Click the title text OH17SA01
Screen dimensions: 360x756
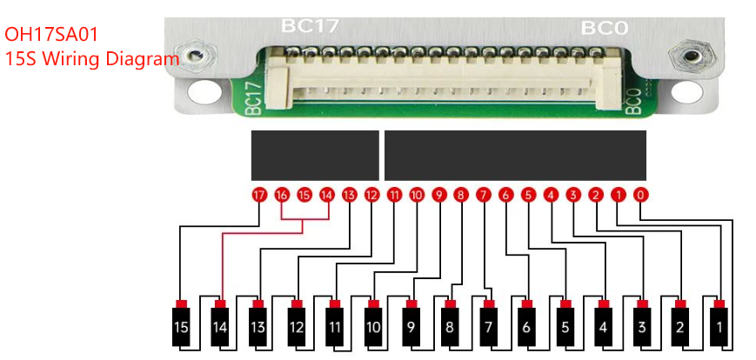pos(51,35)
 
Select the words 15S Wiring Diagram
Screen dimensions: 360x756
pos(91,59)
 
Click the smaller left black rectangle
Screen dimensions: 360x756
pos(314,156)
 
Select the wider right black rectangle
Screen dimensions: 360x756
pos(515,156)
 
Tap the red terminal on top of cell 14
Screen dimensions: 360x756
pos(220,303)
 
